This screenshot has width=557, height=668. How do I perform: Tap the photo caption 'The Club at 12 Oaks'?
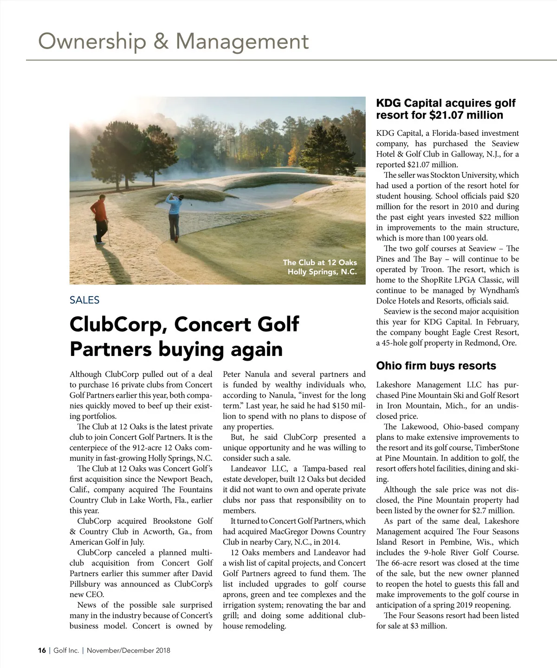(320, 262)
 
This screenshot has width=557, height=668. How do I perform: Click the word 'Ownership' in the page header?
(91, 41)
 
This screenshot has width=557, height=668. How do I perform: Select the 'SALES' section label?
(84, 300)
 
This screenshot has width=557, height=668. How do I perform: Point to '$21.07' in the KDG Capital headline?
(450, 115)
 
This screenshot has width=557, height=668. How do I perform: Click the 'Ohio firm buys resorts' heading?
(436, 366)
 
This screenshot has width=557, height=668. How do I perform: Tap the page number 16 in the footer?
(42, 650)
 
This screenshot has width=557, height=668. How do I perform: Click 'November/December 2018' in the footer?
(129, 650)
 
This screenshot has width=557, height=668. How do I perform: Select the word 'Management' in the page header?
(242, 41)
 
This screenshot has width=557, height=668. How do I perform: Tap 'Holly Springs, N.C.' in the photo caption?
(322, 272)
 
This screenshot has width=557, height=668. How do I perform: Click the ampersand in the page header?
(161, 41)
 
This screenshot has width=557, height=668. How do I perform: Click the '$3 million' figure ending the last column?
(428, 626)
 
